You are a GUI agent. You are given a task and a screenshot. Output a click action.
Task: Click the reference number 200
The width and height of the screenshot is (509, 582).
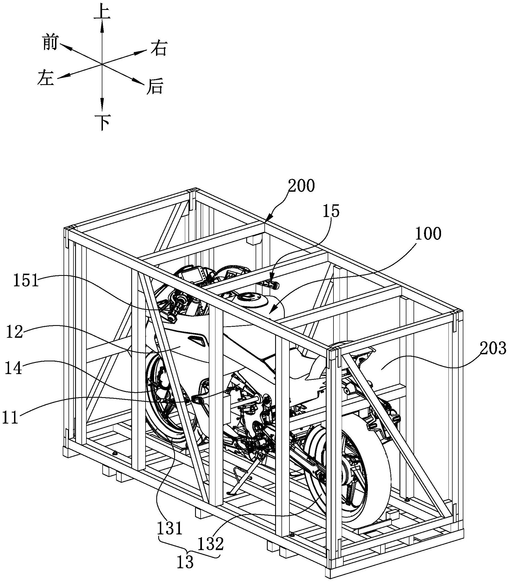click(x=301, y=186)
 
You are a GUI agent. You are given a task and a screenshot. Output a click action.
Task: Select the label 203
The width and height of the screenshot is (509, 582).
click(x=493, y=349)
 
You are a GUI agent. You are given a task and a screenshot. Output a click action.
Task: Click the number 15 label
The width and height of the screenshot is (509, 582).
click(x=331, y=212)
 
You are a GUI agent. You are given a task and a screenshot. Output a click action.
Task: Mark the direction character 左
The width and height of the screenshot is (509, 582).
click(x=45, y=78)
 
